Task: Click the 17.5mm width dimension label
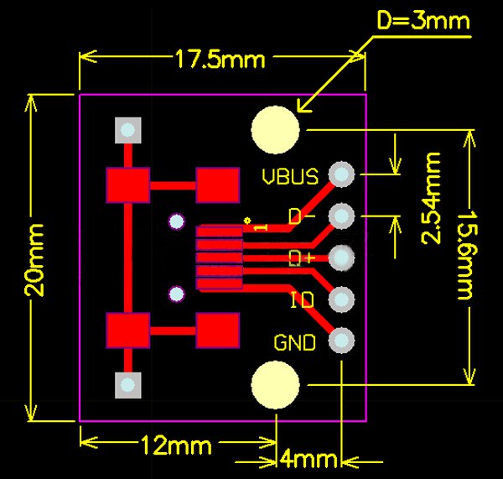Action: [x=220, y=59]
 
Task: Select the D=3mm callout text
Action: [x=423, y=20]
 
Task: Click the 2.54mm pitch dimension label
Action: [x=432, y=198]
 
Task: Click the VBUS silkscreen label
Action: [x=289, y=177]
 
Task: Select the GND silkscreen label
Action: [x=295, y=342]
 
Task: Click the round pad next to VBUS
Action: [x=341, y=174]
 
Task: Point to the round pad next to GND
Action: [x=341, y=341]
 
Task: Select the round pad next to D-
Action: [x=341, y=216]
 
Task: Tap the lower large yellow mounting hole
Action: [x=275, y=384]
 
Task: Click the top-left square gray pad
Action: [x=127, y=130]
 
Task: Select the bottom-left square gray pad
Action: [x=127, y=384]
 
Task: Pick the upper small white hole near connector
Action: [x=176, y=221]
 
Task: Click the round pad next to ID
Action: [x=341, y=299]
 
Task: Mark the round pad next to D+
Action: [x=341, y=257]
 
